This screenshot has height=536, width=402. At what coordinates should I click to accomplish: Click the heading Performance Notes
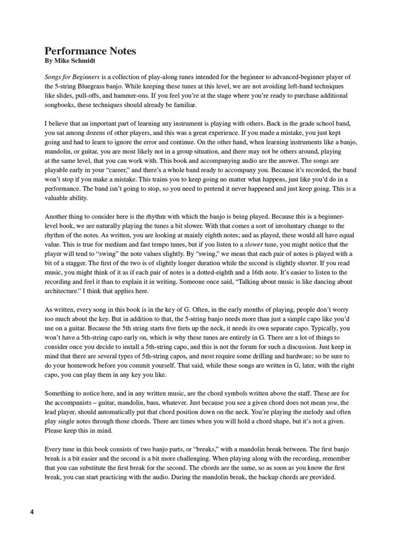click(x=90, y=51)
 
